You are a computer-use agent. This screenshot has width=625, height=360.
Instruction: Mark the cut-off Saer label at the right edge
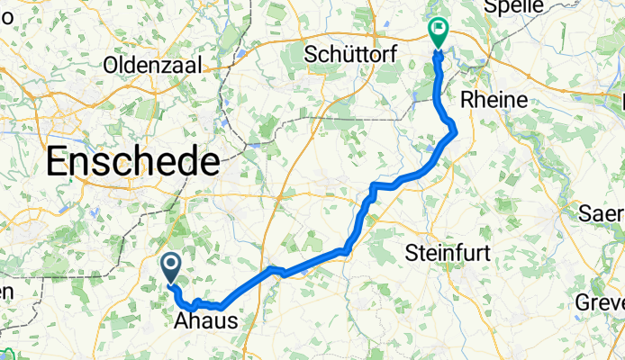pyautogui.click(x=603, y=215)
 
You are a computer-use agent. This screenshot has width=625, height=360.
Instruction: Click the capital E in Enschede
pyautogui.click(x=57, y=163)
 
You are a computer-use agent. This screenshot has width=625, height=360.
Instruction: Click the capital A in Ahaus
pyautogui.click(x=180, y=321)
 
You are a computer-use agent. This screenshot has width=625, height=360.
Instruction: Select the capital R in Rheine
pyautogui.click(x=467, y=99)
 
